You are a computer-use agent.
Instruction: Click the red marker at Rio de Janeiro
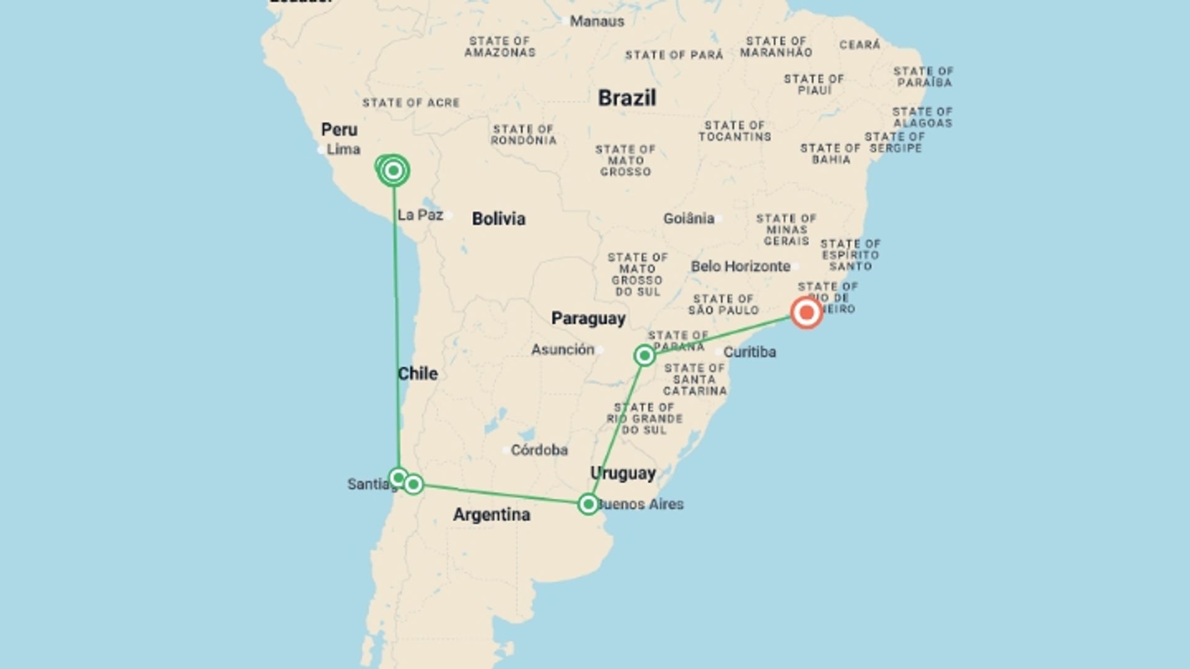click(806, 313)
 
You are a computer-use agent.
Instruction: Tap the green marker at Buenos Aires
click(588, 504)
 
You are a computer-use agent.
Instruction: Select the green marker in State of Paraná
click(645, 356)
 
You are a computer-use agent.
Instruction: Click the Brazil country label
click(627, 98)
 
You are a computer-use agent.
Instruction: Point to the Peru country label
click(339, 129)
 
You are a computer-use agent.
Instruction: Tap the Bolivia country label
click(498, 219)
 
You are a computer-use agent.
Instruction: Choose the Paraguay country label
click(588, 318)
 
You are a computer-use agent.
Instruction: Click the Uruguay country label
click(623, 473)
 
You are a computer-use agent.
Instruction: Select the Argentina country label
click(491, 515)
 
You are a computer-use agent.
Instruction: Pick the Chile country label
click(417, 374)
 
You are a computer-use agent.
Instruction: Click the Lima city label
click(343, 149)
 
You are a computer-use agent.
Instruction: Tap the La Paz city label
click(420, 215)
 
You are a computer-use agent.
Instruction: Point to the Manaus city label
click(597, 21)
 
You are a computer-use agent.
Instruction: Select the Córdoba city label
click(539, 450)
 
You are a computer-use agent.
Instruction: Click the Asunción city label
click(562, 349)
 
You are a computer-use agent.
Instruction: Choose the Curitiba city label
click(749, 352)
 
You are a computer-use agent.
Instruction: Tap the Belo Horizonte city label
click(741, 266)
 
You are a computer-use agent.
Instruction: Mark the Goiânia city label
click(689, 219)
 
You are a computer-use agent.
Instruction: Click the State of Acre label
click(411, 103)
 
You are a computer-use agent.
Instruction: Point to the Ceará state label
click(860, 45)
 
